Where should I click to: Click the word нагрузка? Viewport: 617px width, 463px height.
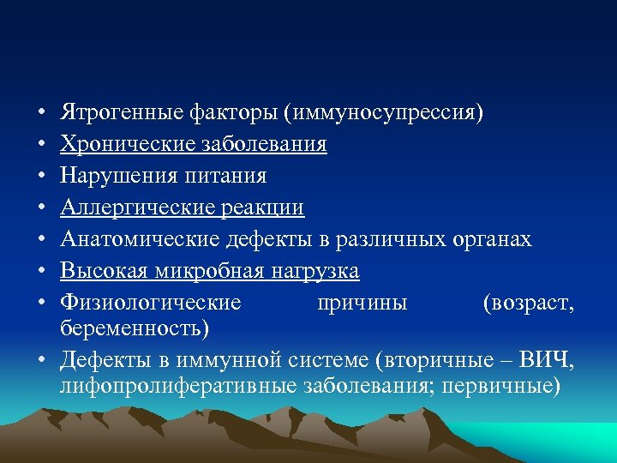[314, 272]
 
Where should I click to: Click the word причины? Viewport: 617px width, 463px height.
[362, 304]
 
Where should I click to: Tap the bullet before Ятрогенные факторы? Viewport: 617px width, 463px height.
[40, 113]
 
